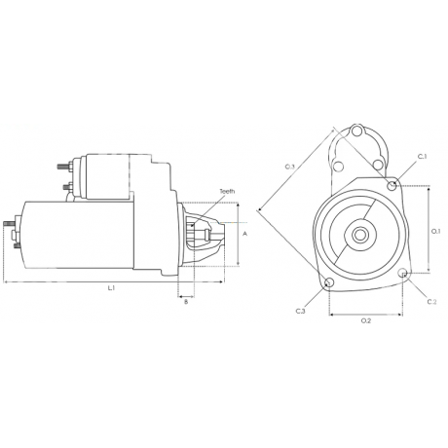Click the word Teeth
[x=227, y=192]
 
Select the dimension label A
[x=244, y=235]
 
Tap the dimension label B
[x=185, y=302]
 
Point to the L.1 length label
[x=111, y=288]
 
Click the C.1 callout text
[x=422, y=157]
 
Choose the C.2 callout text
[x=431, y=301]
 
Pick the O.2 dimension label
[x=366, y=320]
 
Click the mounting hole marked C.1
[x=392, y=185]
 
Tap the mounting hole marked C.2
[x=404, y=276]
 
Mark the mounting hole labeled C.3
[x=329, y=283]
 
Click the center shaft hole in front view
[x=359, y=234]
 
